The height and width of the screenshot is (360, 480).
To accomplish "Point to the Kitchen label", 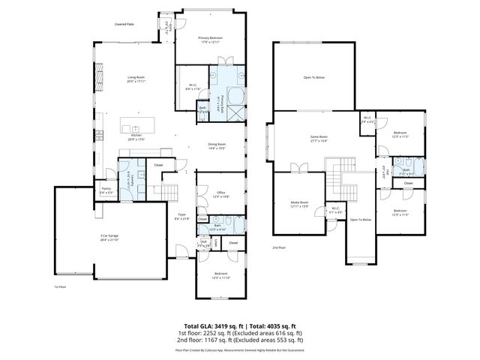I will point(136,136).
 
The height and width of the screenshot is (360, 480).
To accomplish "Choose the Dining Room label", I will point(217,145).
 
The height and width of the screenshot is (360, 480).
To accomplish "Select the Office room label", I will point(220,193).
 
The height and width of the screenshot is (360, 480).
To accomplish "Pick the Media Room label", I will point(300,204).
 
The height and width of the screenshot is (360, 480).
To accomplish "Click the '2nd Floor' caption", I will point(280,247).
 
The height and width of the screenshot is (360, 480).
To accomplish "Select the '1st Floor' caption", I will point(61,286).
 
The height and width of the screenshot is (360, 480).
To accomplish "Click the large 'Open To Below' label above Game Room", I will point(314,76).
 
